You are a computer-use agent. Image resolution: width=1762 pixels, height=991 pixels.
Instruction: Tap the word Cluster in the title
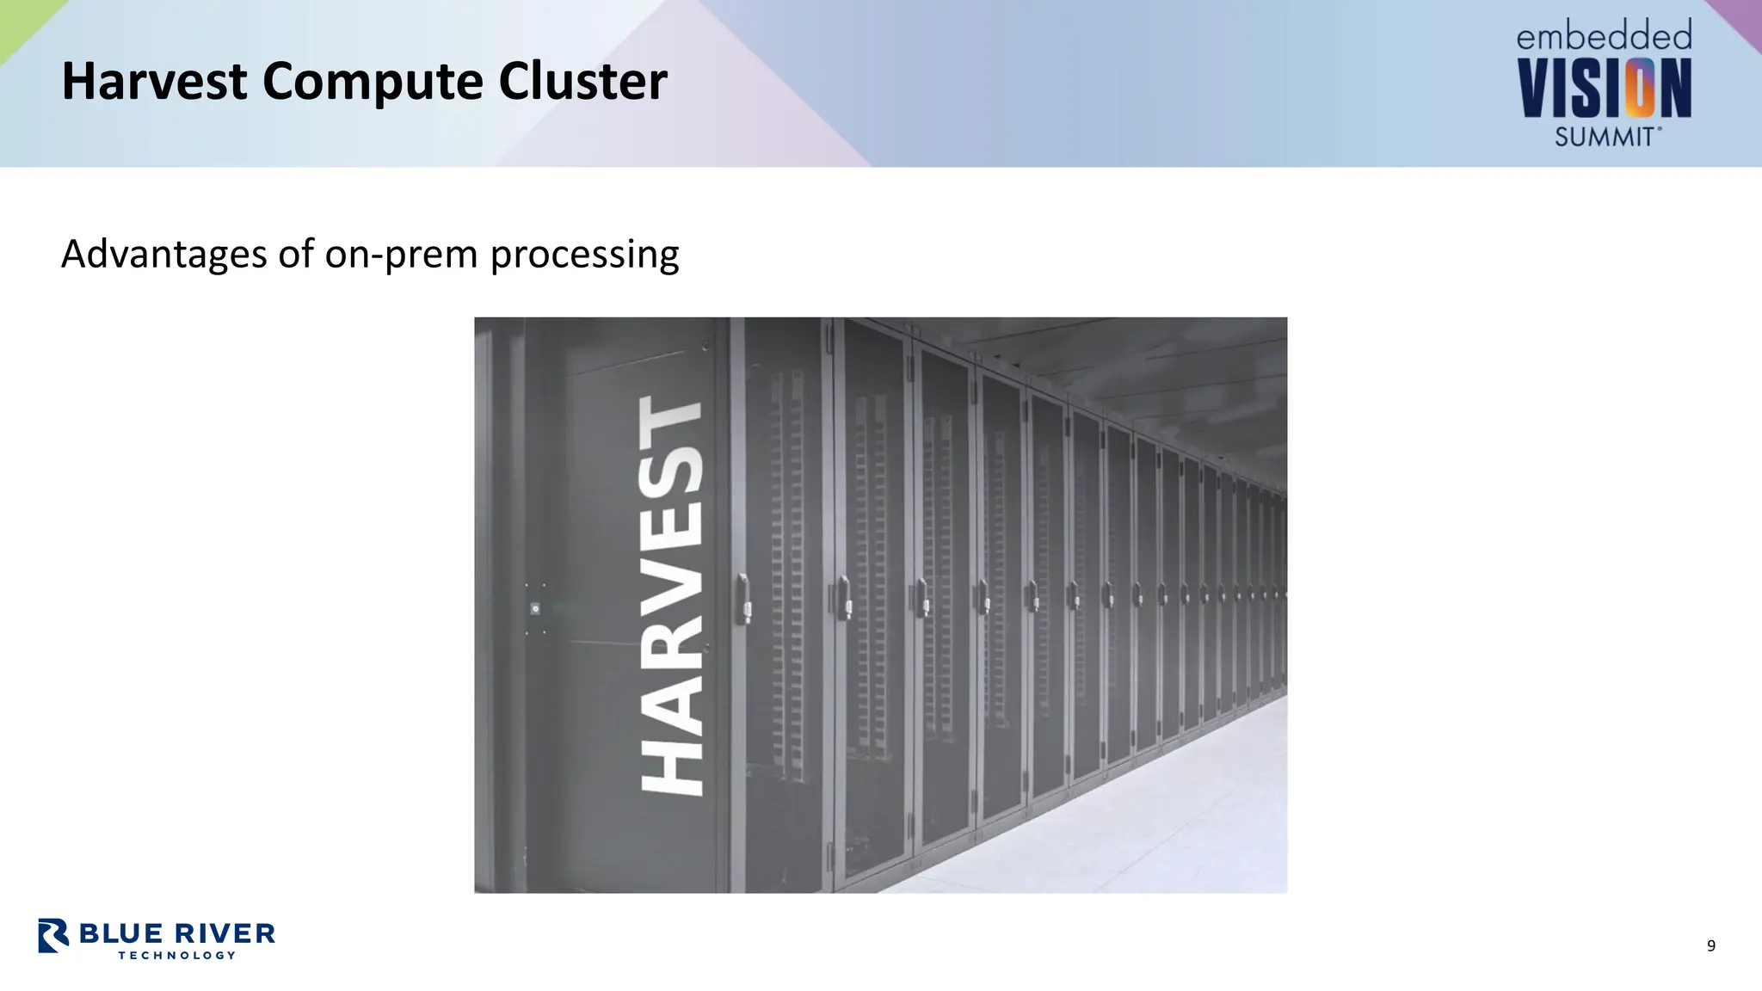pyautogui.click(x=582, y=82)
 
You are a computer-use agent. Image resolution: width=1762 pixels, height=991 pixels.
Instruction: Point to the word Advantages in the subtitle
pyautogui.click(x=163, y=255)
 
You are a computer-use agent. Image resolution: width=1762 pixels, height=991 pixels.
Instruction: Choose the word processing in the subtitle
pyautogui.click(x=584, y=255)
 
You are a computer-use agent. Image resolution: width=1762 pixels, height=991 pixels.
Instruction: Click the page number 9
pyautogui.click(x=1711, y=946)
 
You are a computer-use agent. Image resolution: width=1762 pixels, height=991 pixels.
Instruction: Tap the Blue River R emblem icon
pyautogui.click(x=53, y=935)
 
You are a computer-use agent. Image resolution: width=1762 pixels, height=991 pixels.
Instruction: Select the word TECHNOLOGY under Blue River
pyautogui.click(x=177, y=955)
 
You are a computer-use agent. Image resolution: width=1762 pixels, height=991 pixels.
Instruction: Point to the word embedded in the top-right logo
pyautogui.click(x=1604, y=36)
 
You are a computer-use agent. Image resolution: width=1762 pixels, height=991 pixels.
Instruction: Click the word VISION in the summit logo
pyautogui.click(x=1604, y=88)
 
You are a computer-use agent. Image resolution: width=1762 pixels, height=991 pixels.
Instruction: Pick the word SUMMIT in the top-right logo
pyautogui.click(x=1605, y=136)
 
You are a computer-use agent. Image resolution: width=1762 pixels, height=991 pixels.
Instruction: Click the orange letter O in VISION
pyautogui.click(x=1639, y=88)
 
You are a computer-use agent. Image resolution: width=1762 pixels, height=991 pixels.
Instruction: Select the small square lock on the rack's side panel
pyautogui.click(x=535, y=609)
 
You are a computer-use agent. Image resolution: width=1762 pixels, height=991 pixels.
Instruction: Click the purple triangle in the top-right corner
pyautogui.click(x=1742, y=17)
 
